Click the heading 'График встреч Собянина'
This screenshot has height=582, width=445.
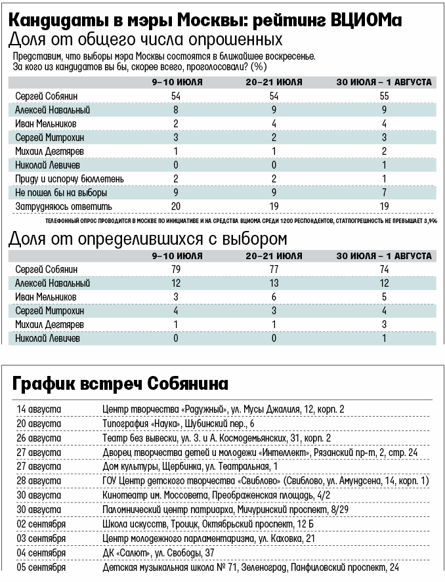pyautogui.click(x=121, y=383)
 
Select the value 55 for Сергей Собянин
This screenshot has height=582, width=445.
pyautogui.click(x=384, y=96)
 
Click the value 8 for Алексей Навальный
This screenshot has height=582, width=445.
pyautogui.click(x=177, y=110)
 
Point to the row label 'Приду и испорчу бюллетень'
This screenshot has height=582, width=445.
pyautogui.click(x=69, y=179)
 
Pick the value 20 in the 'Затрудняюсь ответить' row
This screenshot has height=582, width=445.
pyautogui.click(x=177, y=207)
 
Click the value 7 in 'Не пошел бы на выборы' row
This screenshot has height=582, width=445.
pyautogui.click(x=384, y=193)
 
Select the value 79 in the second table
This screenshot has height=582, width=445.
pyautogui.click(x=177, y=269)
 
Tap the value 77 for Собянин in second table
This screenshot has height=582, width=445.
pyautogui.click(x=274, y=269)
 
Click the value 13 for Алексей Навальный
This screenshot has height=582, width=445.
pyautogui.click(x=274, y=283)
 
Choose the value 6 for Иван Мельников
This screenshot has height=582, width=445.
pyautogui.click(x=274, y=297)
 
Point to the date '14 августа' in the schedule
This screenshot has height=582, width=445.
pyautogui.click(x=39, y=409)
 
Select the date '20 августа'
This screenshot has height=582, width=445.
pyautogui.click(x=39, y=423)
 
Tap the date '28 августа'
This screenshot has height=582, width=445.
pyautogui.click(x=39, y=480)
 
